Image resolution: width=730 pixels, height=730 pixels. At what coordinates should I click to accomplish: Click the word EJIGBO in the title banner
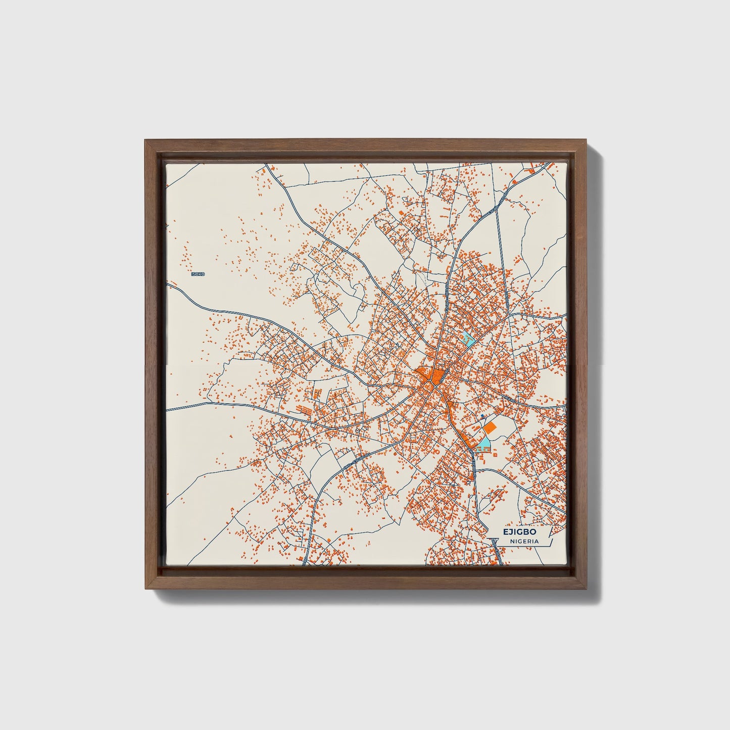click(x=519, y=532)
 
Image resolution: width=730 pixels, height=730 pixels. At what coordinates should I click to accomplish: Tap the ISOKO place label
click(x=198, y=274)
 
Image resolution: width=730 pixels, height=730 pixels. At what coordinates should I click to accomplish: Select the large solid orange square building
click(x=489, y=428)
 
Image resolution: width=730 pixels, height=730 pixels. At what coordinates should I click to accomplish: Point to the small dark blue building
click(x=482, y=415)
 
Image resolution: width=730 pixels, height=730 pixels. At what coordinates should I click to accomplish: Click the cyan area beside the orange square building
click(x=484, y=444)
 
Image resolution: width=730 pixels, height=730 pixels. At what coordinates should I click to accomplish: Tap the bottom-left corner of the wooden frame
click(x=145, y=589)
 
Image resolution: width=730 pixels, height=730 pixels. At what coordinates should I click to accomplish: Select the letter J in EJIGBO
click(x=510, y=532)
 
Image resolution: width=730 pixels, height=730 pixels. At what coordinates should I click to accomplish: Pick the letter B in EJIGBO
click(x=526, y=532)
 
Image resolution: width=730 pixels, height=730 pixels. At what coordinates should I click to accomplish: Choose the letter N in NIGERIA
click(x=512, y=541)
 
